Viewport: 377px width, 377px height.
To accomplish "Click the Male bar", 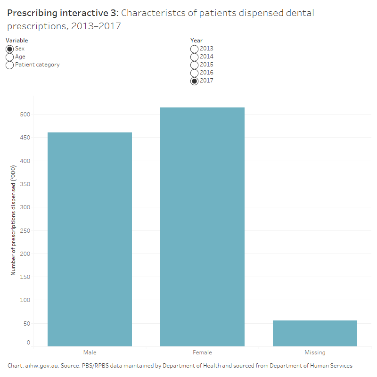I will tap(90, 239).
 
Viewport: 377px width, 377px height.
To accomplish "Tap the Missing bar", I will tap(315, 333).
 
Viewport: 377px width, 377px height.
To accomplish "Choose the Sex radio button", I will tap(9, 49).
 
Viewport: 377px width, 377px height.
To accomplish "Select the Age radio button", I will tap(9, 57).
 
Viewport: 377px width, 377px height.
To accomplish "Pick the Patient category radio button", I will tap(9, 65).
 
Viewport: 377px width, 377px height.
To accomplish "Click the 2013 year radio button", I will tap(194, 49).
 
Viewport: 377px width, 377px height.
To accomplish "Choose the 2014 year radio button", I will tap(194, 57).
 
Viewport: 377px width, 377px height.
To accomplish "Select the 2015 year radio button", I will tap(194, 65).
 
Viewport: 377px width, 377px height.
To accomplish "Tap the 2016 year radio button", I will tap(194, 73).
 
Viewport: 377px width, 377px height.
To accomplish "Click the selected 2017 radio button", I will tap(194, 81).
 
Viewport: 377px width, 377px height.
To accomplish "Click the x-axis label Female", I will tap(202, 352).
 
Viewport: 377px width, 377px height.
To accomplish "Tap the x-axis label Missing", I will tap(315, 352).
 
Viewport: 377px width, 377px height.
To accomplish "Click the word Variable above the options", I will tap(16, 41).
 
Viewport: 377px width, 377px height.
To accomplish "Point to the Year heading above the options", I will tap(197, 41).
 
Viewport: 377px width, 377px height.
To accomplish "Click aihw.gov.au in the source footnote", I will tap(41, 366).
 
